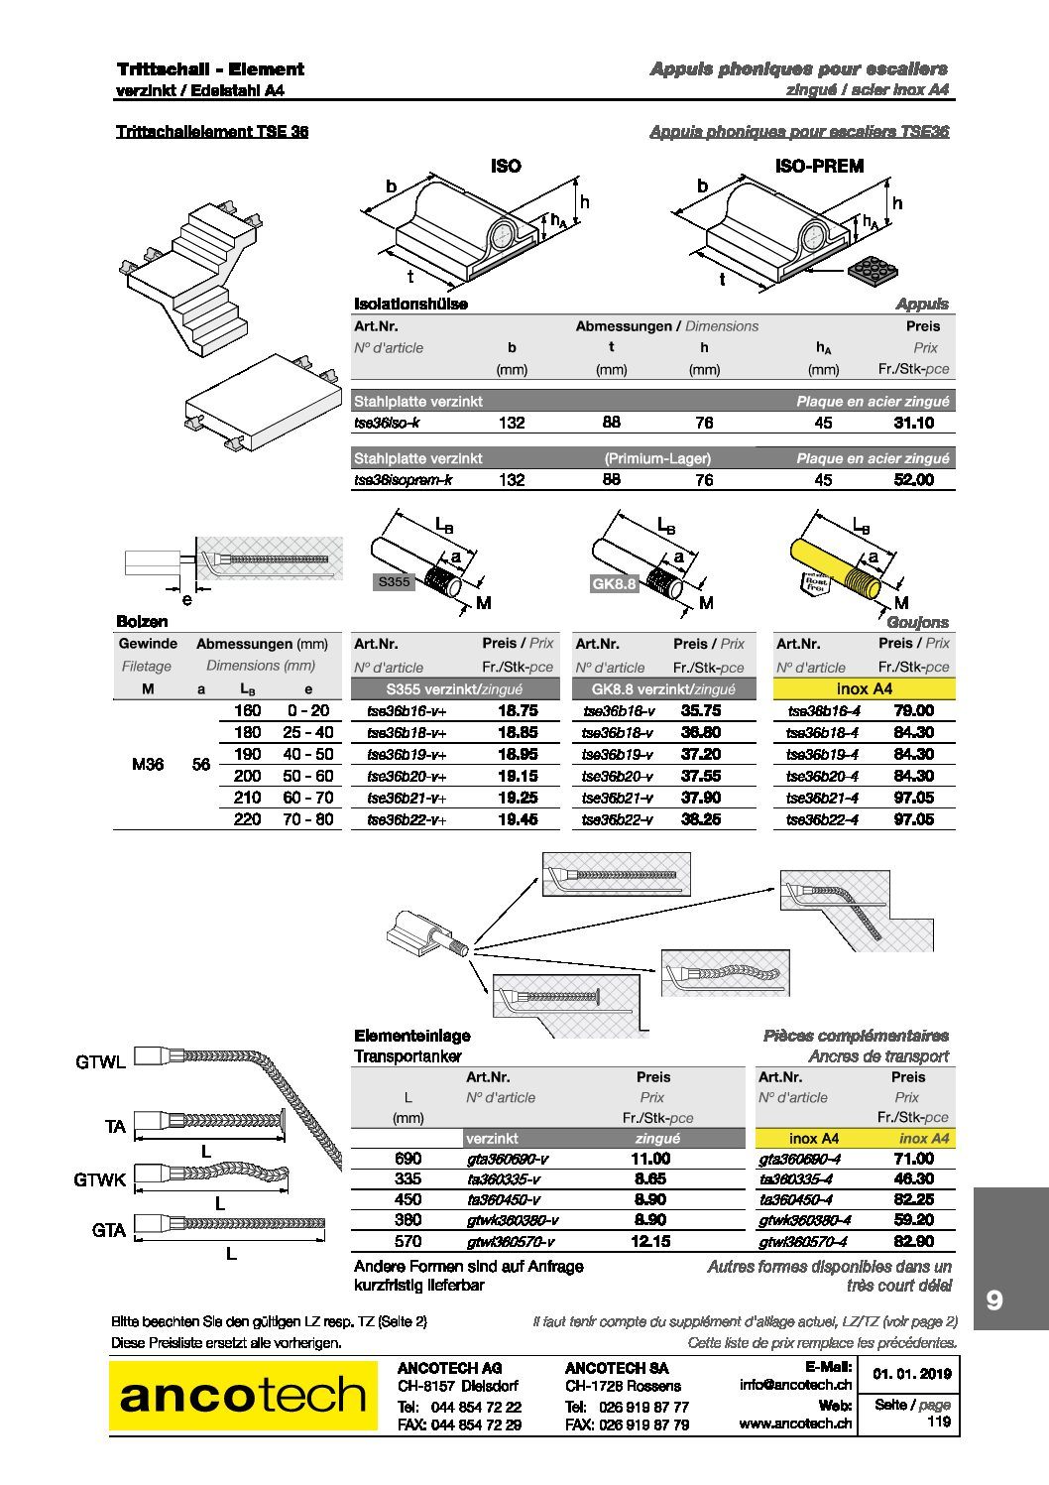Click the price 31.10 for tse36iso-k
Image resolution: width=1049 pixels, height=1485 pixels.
coord(913,423)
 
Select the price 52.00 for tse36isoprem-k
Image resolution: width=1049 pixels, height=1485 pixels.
coord(913,480)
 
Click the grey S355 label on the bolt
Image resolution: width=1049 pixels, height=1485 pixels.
coord(394,582)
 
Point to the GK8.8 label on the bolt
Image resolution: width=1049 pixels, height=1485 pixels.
coord(614,583)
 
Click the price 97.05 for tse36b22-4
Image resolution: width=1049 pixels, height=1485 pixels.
coord(913,819)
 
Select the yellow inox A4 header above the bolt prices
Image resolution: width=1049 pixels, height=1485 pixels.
coord(864,688)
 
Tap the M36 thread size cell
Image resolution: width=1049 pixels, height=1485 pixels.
coord(148,764)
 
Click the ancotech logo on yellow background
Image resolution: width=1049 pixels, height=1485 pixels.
coord(243,1396)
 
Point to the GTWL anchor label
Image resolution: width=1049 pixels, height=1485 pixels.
coord(100,1062)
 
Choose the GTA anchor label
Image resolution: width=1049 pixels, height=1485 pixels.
coord(109,1230)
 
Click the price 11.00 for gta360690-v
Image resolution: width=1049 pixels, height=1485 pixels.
coord(650,1159)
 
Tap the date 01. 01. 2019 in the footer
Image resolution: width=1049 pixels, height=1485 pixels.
coord(912,1374)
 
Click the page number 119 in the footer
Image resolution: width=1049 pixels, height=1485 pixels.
coord(939,1422)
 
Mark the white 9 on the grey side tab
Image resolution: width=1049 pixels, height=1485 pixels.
coord(994,1299)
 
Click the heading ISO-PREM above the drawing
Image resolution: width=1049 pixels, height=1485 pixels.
coord(819,166)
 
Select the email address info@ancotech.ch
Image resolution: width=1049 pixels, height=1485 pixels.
coord(795,1385)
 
